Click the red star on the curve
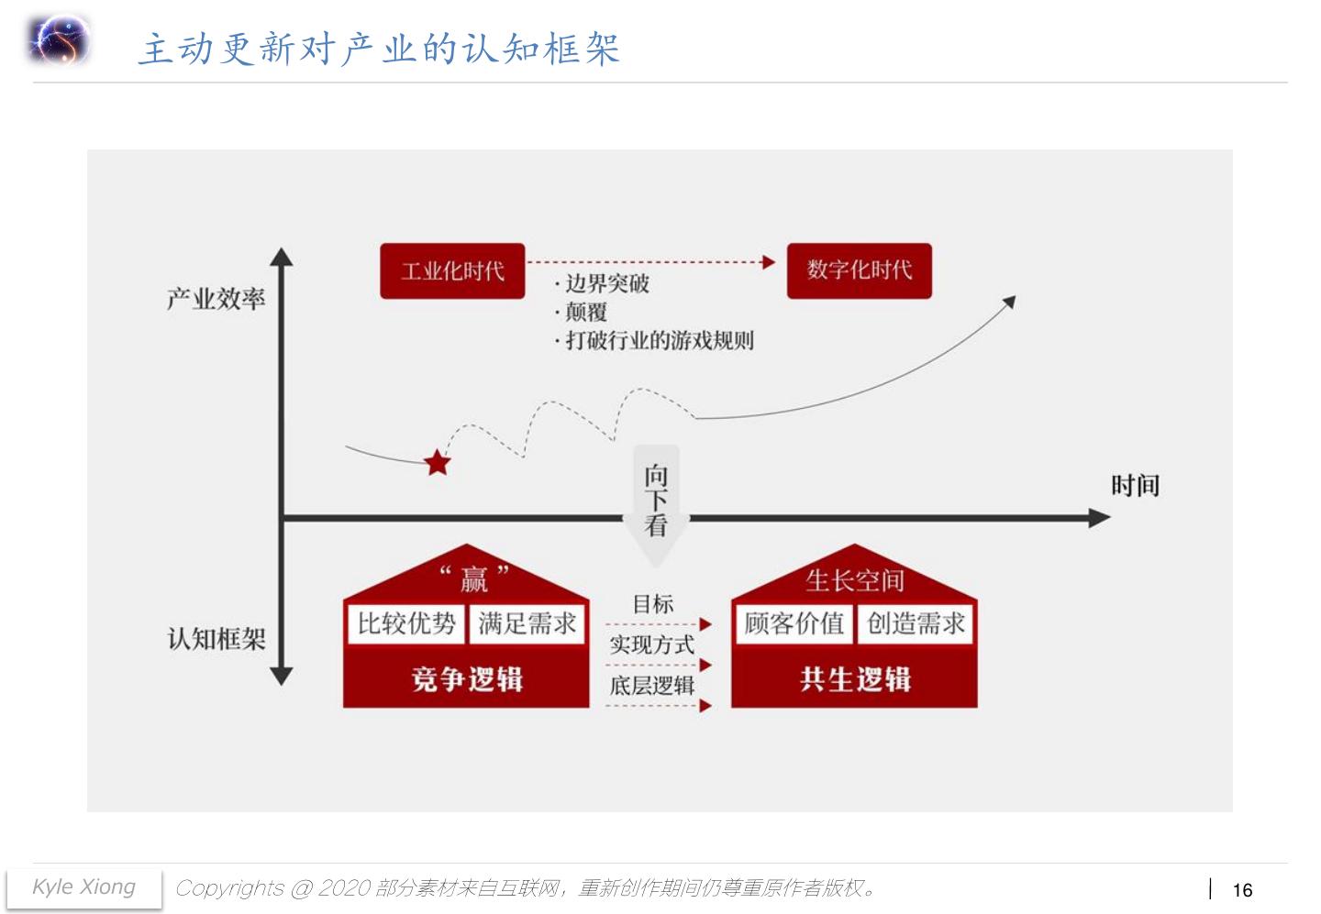438,463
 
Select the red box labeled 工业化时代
452,270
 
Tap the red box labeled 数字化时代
859,270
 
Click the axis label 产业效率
216,299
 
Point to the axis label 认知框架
216,638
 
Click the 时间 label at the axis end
1135,486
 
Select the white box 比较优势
406,624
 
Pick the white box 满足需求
527,624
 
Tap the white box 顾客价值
794,624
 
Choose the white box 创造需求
916,624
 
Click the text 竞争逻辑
467,679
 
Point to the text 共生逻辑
855,679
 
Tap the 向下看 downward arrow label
656,501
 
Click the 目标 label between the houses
653,604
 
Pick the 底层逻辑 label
652,686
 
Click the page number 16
1242,890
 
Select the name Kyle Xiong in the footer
83,887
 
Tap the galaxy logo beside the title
60,41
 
